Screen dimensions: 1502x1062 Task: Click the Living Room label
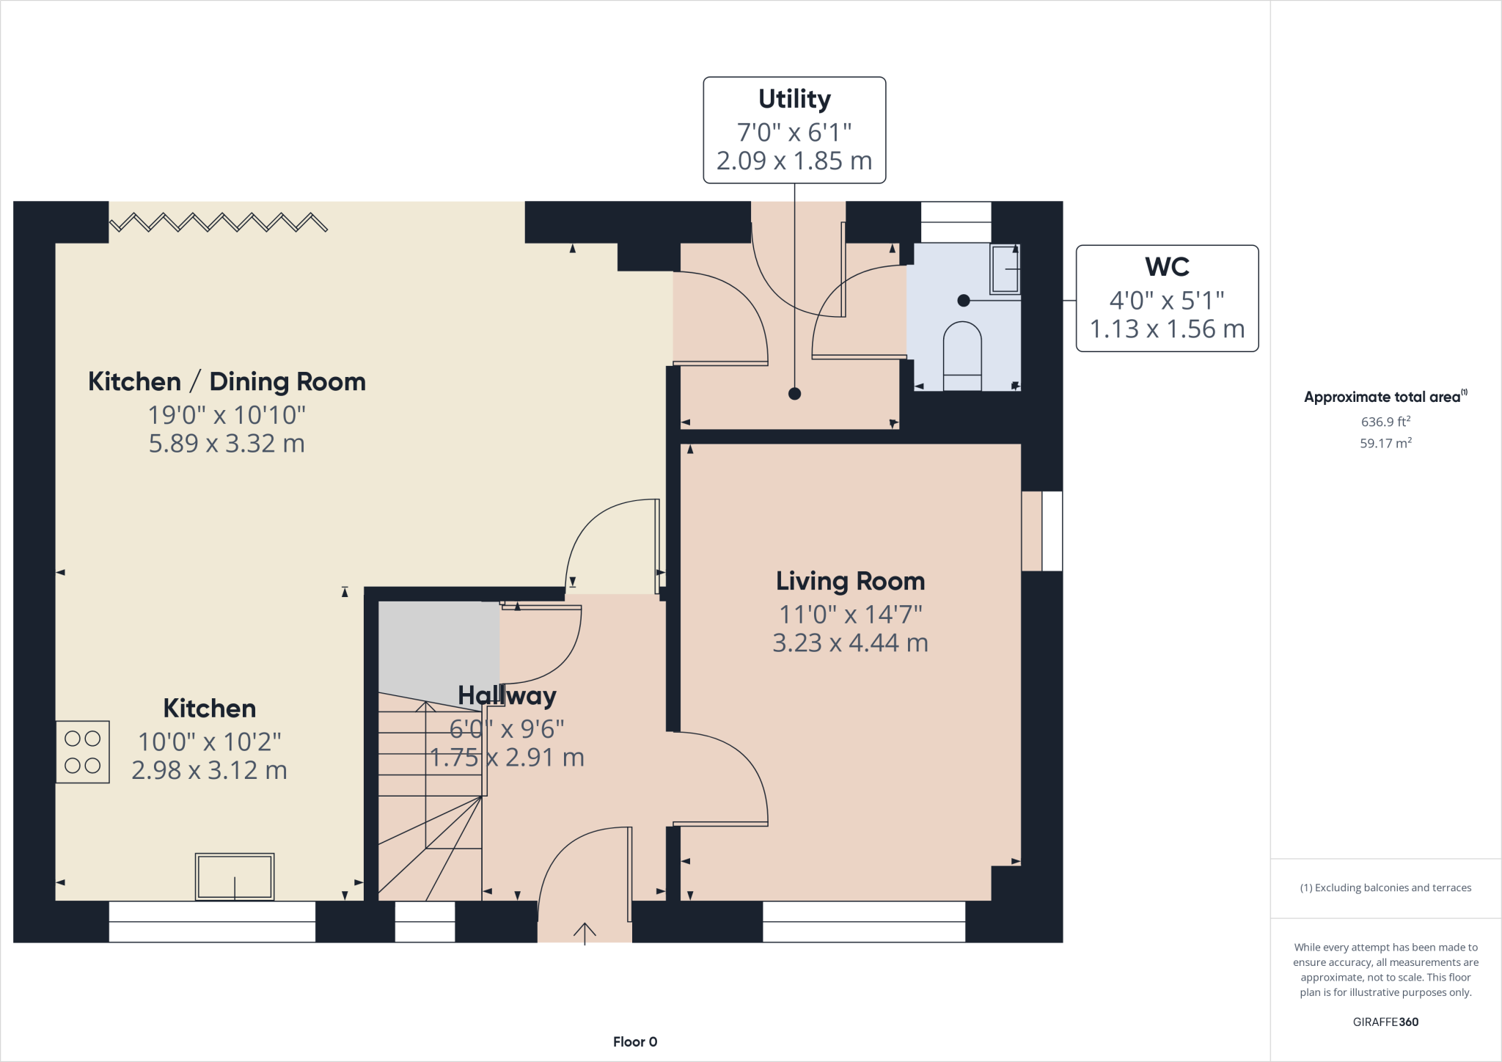850,582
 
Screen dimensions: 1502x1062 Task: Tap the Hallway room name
507,696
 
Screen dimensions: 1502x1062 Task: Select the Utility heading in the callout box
794,99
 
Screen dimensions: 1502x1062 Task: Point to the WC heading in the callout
1167,267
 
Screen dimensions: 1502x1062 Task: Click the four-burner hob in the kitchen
83,752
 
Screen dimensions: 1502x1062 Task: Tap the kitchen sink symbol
235,876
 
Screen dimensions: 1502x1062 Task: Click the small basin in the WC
1005,269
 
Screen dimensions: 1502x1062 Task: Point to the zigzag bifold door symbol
219,222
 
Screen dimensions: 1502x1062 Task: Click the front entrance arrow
585,934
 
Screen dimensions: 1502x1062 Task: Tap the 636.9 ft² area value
1385,421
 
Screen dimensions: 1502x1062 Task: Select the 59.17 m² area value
1385,443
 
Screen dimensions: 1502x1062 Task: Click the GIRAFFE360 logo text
1385,1022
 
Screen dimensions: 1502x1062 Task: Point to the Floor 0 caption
635,1041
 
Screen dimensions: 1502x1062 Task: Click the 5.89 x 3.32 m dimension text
227,444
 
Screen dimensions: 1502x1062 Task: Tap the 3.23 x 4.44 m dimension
850,643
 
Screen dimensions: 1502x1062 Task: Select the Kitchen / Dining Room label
227,382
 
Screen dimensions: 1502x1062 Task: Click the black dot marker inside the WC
964,301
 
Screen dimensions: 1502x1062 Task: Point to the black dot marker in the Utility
794,394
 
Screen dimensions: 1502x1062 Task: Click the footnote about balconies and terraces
1385,887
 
